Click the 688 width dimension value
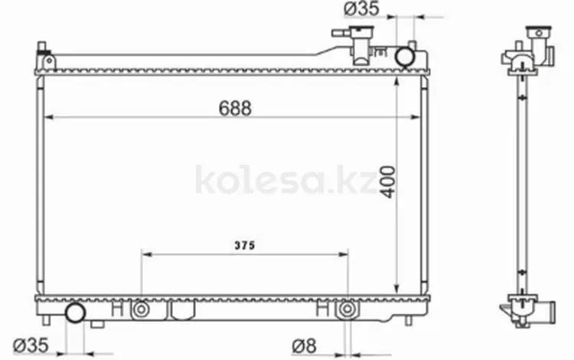[x=235, y=108]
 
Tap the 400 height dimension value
[x=388, y=182]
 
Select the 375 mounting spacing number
[x=245, y=245]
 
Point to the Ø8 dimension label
[x=304, y=345]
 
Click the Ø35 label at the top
[x=362, y=8]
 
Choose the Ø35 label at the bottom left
[x=31, y=345]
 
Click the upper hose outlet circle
[x=405, y=57]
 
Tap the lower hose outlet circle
[x=76, y=313]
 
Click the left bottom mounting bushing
[x=141, y=309]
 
